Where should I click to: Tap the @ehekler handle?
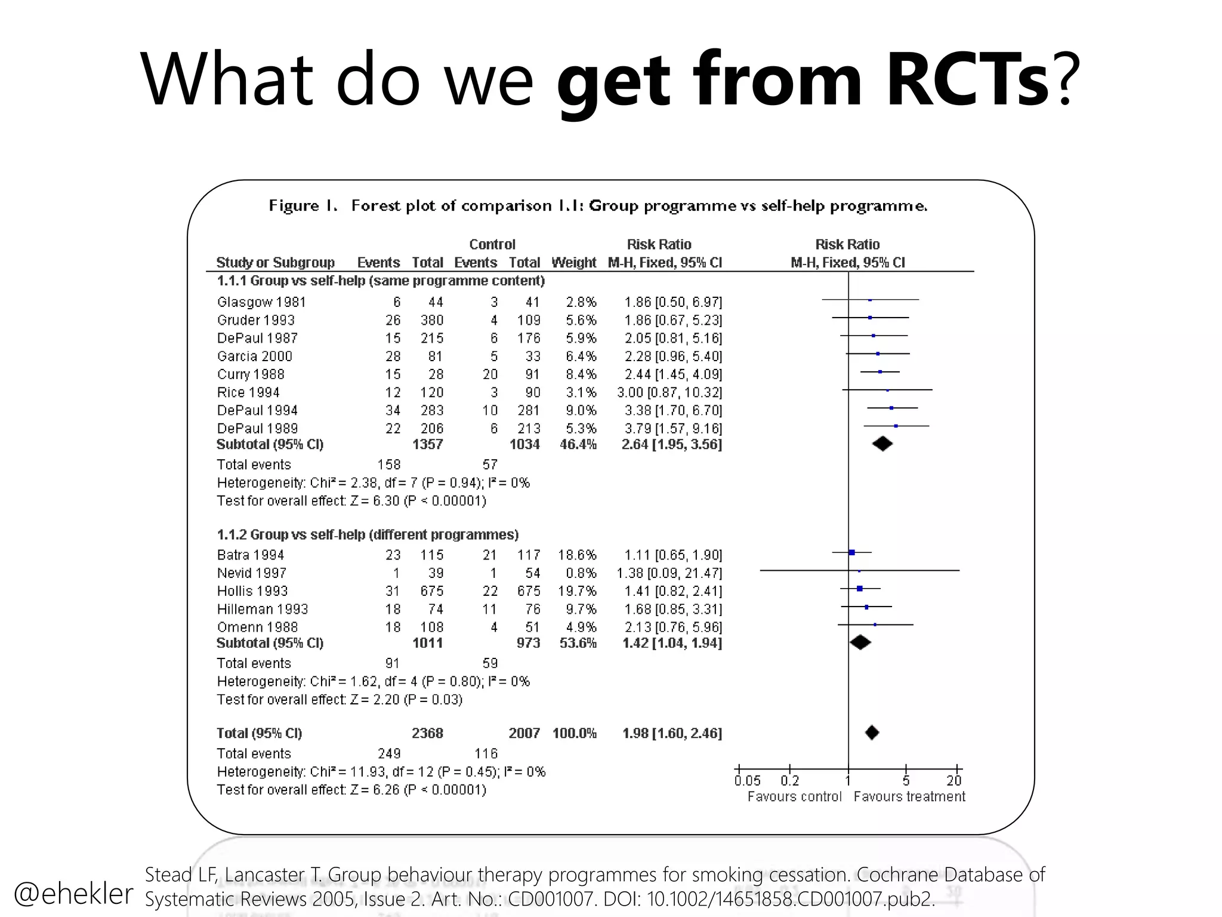pos(73,893)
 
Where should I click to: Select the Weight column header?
pos(573,262)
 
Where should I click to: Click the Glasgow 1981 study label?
pos(261,302)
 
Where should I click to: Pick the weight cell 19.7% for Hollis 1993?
pos(577,591)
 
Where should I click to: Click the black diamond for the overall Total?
pos(872,733)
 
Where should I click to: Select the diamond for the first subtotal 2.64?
pos(882,444)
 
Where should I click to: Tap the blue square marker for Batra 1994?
pos(851,552)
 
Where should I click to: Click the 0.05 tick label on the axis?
pos(747,780)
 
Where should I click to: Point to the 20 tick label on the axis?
pos(953,780)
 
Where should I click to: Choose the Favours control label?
pos(794,796)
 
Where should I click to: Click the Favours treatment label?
pos(909,796)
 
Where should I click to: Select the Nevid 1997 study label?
pos(252,573)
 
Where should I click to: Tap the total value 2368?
pos(427,733)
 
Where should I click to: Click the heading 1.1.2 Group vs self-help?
pos(368,534)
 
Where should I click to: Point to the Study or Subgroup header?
pos(275,262)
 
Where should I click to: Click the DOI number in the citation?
pos(790,899)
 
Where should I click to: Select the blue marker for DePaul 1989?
pos(896,426)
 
